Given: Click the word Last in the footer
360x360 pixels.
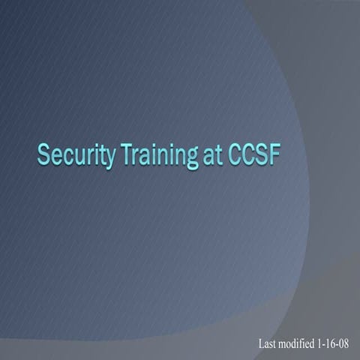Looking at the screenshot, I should (268, 344).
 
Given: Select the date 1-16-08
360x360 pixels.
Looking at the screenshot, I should (337, 344).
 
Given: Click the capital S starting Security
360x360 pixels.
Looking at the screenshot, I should (44, 155).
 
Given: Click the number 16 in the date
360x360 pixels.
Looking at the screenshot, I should (337, 344).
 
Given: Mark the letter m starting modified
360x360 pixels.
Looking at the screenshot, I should (286, 345).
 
